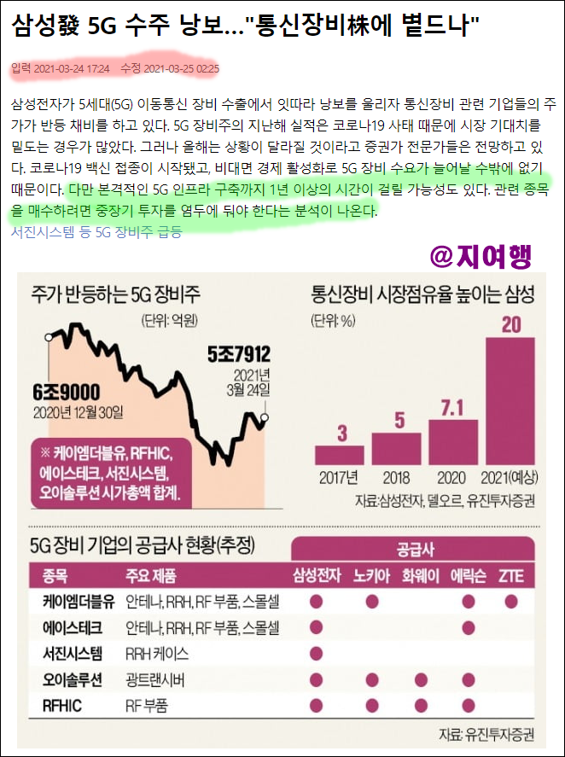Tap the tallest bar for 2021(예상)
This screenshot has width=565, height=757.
pyautogui.click(x=510, y=402)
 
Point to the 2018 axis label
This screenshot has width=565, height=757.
pyautogui.click(x=399, y=478)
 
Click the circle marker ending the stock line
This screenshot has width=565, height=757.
pyautogui.click(x=265, y=417)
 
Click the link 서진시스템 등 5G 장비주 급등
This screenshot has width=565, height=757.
pyautogui.click(x=96, y=230)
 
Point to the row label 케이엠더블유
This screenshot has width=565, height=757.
pyautogui.click(x=78, y=602)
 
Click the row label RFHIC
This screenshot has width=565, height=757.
pyautogui.click(x=64, y=706)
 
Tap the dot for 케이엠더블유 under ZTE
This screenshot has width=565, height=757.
pyautogui.click(x=510, y=602)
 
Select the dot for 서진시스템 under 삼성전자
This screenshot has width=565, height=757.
pyautogui.click(x=316, y=654)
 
